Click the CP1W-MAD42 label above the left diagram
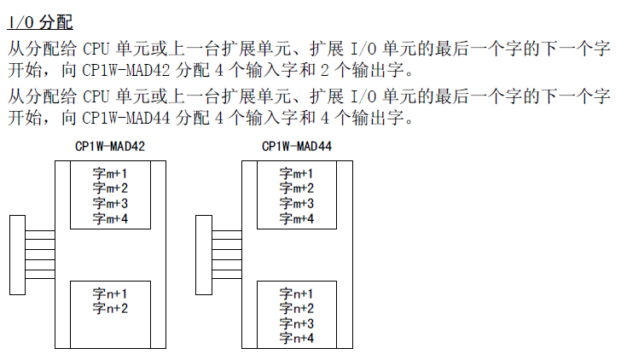110,147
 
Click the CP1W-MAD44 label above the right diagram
297,147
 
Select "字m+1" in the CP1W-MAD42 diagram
111,173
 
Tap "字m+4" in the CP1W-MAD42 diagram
111,219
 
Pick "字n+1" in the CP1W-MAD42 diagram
111,293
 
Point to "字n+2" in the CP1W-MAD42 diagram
111,308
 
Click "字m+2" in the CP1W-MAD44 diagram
297,189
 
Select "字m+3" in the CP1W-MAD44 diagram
297,204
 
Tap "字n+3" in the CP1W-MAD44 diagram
297,323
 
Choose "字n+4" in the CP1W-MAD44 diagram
297,339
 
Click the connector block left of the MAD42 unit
17,254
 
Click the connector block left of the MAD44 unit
203,254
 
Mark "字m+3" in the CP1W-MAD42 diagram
111,204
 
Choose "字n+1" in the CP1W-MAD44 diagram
297,293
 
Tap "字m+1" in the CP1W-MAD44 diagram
297,173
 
